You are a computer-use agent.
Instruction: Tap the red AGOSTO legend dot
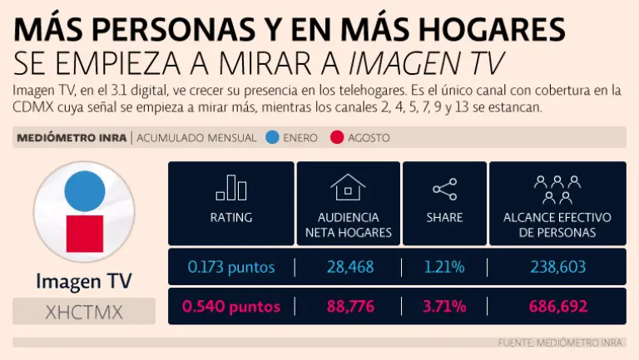pyautogui.click(x=337, y=137)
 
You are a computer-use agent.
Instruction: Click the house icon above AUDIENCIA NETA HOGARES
pyautogui.click(x=348, y=188)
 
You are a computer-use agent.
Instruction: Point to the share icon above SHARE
pyautogui.click(x=444, y=190)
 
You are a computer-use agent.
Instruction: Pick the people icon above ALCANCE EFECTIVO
pyautogui.click(x=557, y=189)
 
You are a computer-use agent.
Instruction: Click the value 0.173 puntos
pyautogui.click(x=230, y=267)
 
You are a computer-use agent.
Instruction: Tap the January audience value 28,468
pyautogui.click(x=350, y=267)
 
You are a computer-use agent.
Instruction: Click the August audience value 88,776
pyautogui.click(x=350, y=307)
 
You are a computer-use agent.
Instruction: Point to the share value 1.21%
pyautogui.click(x=445, y=267)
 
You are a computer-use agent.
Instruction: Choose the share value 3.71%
pyautogui.click(x=445, y=307)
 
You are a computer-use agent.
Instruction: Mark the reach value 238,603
pyautogui.click(x=557, y=267)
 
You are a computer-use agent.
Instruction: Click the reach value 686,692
pyautogui.click(x=557, y=307)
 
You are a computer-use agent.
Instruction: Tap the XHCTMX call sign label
pyautogui.click(x=83, y=312)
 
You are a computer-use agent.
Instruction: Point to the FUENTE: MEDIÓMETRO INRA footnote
pyautogui.click(x=562, y=343)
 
